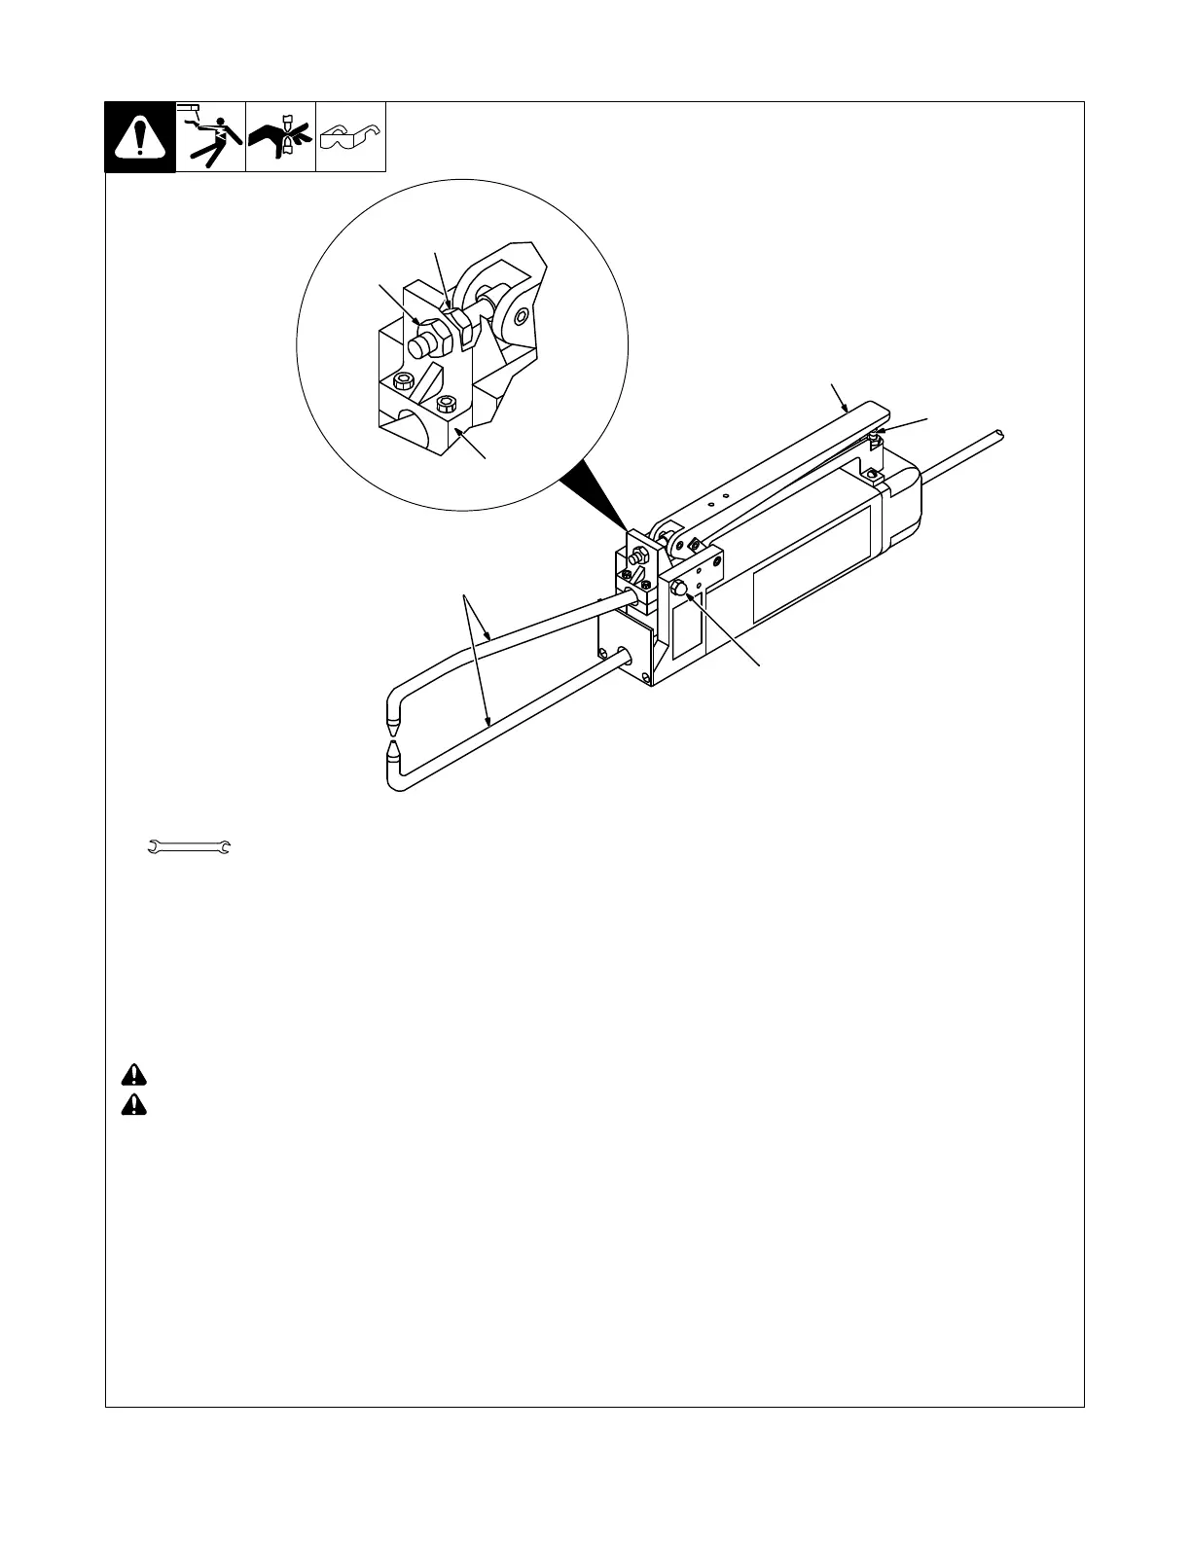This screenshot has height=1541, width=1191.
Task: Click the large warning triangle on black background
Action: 140,137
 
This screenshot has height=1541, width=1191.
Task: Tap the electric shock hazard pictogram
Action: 211,137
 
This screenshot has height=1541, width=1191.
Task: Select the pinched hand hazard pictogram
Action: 280,137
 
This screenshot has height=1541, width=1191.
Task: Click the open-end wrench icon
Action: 189,848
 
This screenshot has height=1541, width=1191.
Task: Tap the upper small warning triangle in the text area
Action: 134,1075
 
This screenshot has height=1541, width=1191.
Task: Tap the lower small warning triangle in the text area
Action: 134,1106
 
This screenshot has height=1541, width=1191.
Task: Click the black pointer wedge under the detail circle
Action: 595,496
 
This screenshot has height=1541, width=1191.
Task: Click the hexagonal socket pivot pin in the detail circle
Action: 523,316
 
